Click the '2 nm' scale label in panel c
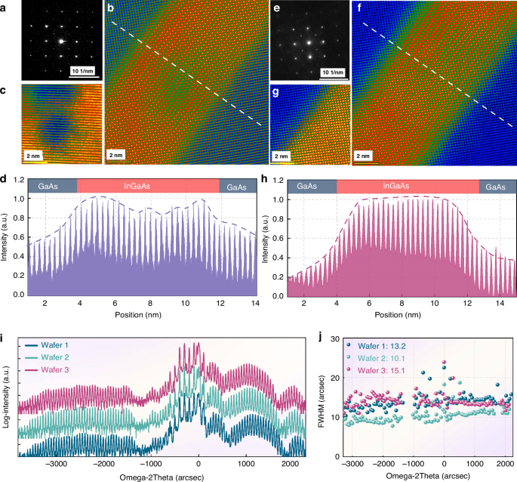point(35,155)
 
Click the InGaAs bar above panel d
point(148,187)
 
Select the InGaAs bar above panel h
point(408,187)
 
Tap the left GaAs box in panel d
point(51,187)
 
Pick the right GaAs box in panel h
point(496,187)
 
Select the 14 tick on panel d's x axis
point(253,303)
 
